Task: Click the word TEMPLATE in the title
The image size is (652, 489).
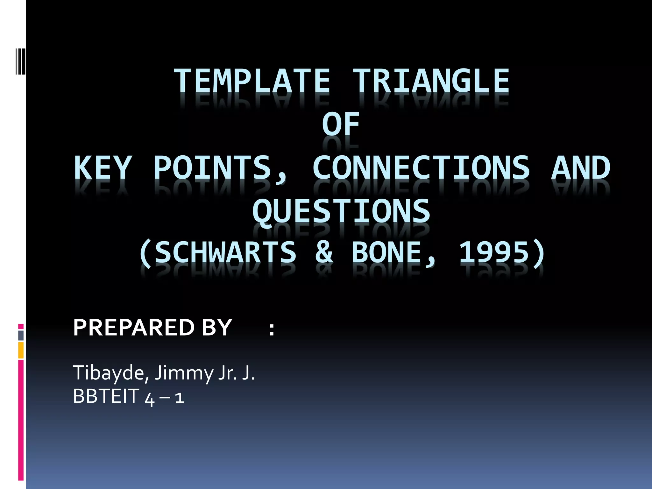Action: pyautogui.click(x=252, y=81)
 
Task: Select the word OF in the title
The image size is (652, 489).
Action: pyautogui.click(x=341, y=124)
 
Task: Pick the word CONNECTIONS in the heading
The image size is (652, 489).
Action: pyautogui.click(x=421, y=168)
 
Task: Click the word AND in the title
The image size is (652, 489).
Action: pyautogui.click(x=581, y=168)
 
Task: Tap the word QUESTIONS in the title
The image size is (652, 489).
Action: pyautogui.click(x=341, y=211)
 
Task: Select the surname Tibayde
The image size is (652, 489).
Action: pyautogui.click(x=110, y=373)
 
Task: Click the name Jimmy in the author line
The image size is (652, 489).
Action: pyautogui.click(x=183, y=373)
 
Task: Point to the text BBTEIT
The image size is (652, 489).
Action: pyautogui.click(x=106, y=396)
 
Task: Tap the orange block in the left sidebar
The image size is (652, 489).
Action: pyautogui.click(x=21, y=350)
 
